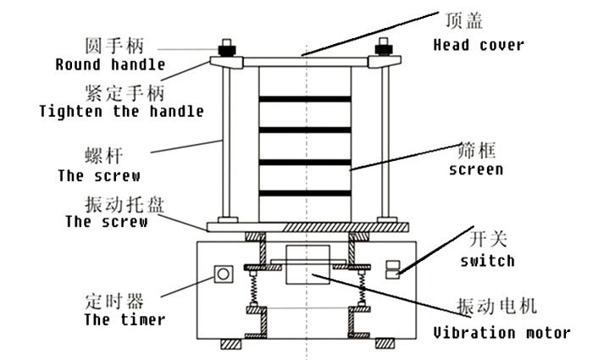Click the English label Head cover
click(x=479, y=45)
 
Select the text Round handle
click(x=110, y=64)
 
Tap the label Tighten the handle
click(x=121, y=111)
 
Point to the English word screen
click(x=476, y=169)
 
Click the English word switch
click(x=487, y=261)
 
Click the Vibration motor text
click(x=502, y=332)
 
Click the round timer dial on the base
click(x=224, y=274)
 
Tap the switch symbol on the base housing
click(x=392, y=269)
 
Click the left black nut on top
click(x=227, y=49)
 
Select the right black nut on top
click(x=384, y=49)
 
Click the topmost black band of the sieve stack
click(x=305, y=99)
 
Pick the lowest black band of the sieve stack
click(x=305, y=193)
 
